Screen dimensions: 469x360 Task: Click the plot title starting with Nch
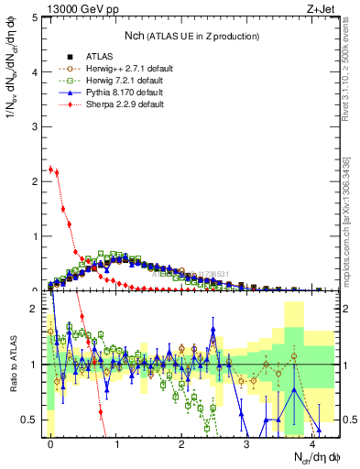[x=191, y=35]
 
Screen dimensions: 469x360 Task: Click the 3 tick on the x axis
[x=247, y=442]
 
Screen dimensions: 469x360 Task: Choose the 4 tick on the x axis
[x=312, y=442]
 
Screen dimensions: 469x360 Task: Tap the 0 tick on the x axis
[x=50, y=442]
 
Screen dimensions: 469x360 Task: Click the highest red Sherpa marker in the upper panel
[x=50, y=169]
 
